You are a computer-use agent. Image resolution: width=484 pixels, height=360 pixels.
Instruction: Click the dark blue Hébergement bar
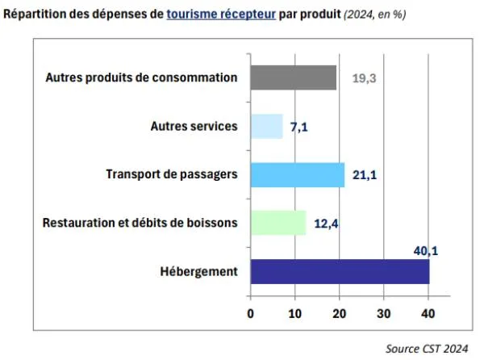tap(340, 271)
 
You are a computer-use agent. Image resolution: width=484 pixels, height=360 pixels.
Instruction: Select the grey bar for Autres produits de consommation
tap(294, 77)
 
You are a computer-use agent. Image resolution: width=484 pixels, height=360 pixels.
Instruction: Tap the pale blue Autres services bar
tap(266, 126)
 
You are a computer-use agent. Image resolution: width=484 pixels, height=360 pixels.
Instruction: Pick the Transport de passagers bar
tap(298, 174)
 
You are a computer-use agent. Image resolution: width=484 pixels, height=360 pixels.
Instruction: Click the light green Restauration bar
tap(278, 223)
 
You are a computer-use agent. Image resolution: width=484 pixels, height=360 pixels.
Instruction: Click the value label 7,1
tap(300, 127)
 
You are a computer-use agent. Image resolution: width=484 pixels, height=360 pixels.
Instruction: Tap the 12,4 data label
tap(325, 224)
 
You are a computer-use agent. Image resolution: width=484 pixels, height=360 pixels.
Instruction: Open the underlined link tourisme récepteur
tap(222, 15)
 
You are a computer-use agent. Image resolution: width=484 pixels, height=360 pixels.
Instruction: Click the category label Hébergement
tap(200, 271)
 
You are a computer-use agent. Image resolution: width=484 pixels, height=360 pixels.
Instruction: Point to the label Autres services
tap(194, 127)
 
